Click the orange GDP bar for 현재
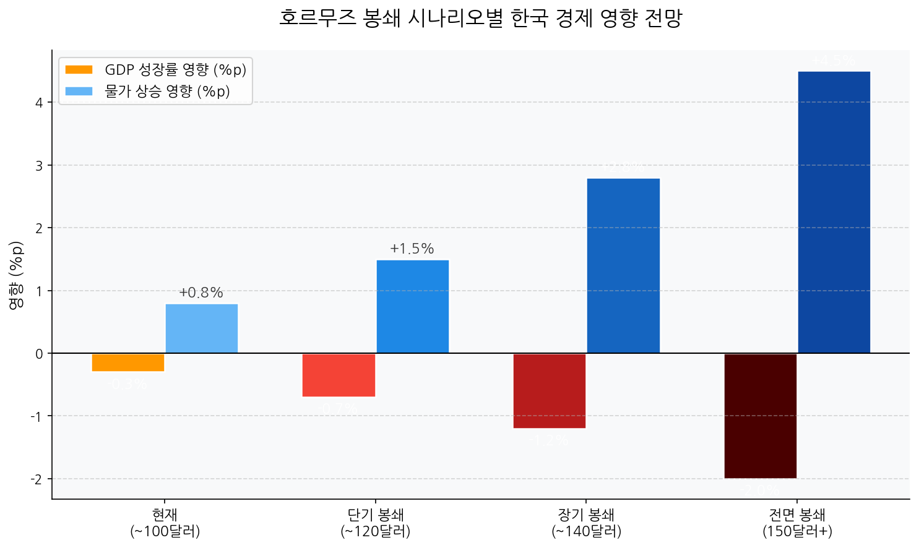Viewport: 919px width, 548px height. (128, 362)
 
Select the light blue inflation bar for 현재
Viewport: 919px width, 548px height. (202, 328)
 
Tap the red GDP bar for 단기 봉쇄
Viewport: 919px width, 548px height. (339, 375)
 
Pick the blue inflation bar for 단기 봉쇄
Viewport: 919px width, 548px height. (413, 307)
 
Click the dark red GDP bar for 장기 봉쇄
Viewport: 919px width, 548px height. (550, 391)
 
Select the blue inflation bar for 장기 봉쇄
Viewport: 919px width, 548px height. (623, 266)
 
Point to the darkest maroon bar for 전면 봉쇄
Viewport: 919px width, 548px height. (761, 416)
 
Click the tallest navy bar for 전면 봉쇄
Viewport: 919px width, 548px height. (834, 212)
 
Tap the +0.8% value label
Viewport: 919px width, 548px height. (201, 293)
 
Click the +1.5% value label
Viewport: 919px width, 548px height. (412, 249)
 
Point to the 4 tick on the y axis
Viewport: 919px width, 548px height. (40, 103)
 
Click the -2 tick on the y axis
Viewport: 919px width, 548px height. (38, 479)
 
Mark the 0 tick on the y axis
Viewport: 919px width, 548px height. (40, 354)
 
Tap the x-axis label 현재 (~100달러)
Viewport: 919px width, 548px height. (165, 523)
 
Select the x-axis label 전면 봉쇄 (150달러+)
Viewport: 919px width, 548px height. (797, 523)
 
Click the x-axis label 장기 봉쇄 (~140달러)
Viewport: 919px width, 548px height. (586, 523)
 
